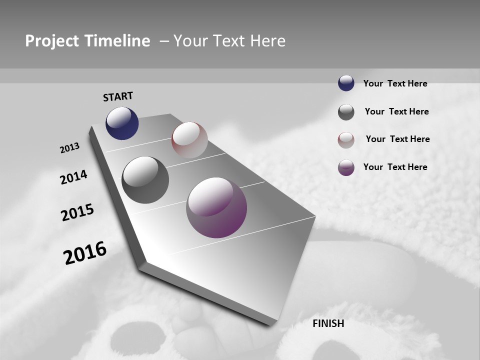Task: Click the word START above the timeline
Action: [x=118, y=96]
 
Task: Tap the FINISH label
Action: [x=328, y=323]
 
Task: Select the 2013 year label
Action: [x=69, y=148]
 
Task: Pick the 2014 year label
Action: [x=73, y=177]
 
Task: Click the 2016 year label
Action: [x=85, y=253]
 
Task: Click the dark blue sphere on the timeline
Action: [x=122, y=123]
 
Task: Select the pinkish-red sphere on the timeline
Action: [x=189, y=140]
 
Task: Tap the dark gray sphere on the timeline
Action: [x=145, y=180]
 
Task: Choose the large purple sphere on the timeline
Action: [x=216, y=207]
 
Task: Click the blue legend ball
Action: [x=346, y=83]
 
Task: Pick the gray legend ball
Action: [x=346, y=112]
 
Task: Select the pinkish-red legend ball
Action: [x=346, y=140]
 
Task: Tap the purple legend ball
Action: [x=346, y=167]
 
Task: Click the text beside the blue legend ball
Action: [x=395, y=84]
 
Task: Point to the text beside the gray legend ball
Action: [x=396, y=111]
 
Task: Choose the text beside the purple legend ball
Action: [x=395, y=167]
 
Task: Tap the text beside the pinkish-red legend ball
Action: [x=397, y=139]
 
